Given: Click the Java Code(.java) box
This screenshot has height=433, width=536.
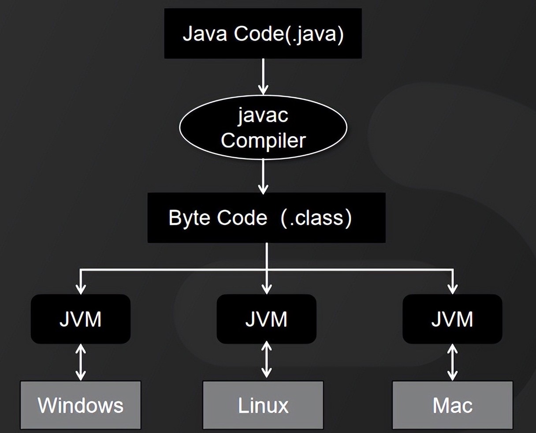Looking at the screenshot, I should point(263,34).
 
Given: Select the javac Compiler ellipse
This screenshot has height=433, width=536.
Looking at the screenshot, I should point(263,127).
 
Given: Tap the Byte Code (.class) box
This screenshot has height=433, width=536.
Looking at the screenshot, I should point(266,217).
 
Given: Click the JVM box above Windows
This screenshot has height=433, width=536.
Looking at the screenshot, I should point(81,319).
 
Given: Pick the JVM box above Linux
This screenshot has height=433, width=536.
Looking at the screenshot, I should point(266,319).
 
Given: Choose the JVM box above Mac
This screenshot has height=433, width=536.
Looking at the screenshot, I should point(452,319).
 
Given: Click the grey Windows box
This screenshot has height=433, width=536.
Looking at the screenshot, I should point(81,405).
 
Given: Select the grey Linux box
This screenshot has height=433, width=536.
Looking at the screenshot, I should point(263,405).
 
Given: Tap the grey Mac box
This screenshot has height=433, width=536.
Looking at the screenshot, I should point(452,405).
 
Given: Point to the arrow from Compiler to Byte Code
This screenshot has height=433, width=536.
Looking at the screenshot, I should point(263,176).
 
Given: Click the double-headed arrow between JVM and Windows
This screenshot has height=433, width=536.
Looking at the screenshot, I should point(81,362).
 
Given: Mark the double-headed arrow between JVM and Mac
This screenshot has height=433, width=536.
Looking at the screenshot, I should point(452,362).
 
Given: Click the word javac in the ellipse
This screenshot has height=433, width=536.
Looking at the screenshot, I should point(263,116).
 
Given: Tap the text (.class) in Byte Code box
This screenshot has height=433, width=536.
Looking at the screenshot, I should point(316,217).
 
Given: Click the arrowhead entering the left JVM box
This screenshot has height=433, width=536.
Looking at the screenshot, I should point(81,289).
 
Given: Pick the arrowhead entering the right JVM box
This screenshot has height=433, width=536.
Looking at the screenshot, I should point(452,289).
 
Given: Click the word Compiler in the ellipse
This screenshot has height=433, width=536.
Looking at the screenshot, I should point(263,141).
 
